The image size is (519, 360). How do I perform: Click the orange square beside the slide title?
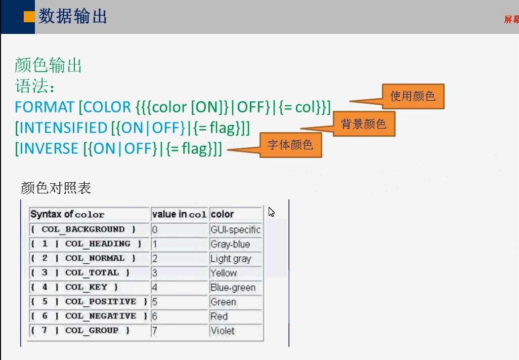29,17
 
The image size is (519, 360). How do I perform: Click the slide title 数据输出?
73,16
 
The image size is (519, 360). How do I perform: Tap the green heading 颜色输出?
48,65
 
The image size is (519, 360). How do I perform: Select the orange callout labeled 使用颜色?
413,96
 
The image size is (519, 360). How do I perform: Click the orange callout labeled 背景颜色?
363,124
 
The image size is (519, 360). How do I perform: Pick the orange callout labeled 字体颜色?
290,145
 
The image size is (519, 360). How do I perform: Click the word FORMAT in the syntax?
45,107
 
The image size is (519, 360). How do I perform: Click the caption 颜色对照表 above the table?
56,188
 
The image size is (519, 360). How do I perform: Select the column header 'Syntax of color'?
67,214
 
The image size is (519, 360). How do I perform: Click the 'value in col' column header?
179,214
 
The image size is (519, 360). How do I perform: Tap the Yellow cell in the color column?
224,273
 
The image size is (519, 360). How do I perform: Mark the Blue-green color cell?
233,288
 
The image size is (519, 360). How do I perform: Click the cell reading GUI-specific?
235,229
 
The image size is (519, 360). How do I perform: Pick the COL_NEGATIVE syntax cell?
89,316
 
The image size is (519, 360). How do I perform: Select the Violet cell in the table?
223,331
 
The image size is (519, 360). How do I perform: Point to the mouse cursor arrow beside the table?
271,212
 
